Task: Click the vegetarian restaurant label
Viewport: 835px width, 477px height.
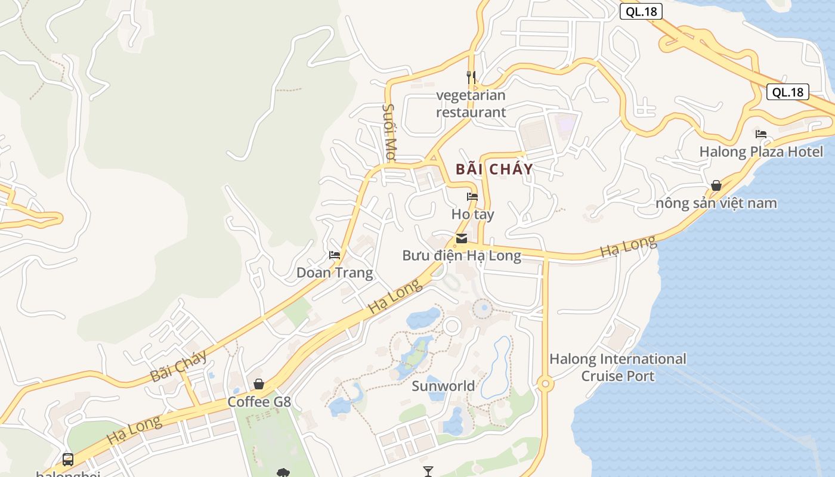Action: tap(471, 103)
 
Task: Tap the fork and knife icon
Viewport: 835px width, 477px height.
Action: tap(471, 77)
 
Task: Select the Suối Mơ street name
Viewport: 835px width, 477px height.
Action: tap(389, 132)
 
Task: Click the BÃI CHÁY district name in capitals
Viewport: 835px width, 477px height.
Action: tap(494, 169)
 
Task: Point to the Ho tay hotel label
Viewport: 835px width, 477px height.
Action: tap(472, 213)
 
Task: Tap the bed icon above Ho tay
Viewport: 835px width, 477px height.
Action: tap(472, 196)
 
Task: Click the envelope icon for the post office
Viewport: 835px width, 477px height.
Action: tap(462, 238)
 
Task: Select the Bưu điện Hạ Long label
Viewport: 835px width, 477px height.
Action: tap(462, 256)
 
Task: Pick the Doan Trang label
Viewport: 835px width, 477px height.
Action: tap(335, 273)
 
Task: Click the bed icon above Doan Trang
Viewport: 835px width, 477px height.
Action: tap(335, 255)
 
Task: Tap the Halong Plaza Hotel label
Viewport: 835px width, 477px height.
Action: tap(761, 151)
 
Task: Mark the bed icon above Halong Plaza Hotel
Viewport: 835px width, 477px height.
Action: tap(761, 134)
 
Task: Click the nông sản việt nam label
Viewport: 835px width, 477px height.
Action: tap(716, 203)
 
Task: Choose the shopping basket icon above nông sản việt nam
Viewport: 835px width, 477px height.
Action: tap(716, 185)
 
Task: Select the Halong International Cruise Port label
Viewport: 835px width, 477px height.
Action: tap(618, 367)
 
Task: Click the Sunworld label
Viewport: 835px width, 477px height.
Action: tap(443, 386)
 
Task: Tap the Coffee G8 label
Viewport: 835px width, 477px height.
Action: tap(259, 401)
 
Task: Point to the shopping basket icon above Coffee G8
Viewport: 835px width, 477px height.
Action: tap(259, 384)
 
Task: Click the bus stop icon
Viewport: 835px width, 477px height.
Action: tap(68, 460)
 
